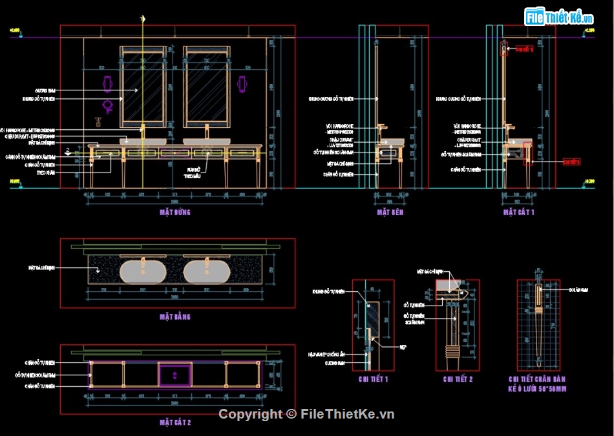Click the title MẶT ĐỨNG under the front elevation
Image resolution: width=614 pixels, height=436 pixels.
point(175,212)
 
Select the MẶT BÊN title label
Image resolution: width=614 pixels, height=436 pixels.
point(390,212)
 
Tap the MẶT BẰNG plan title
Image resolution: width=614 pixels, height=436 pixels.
point(175,317)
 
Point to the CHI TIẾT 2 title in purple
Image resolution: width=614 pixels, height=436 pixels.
point(458,379)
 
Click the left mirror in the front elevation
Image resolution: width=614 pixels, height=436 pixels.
point(142,84)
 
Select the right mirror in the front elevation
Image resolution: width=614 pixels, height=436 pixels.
point(206,84)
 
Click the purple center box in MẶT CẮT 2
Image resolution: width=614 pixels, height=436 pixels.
point(175,373)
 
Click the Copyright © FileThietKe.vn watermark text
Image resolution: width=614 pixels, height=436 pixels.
point(306,414)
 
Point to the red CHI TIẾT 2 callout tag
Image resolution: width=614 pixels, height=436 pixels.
point(572,161)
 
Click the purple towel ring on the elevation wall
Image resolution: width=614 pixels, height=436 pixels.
point(108,106)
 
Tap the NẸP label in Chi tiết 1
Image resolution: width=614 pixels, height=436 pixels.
point(403,347)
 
